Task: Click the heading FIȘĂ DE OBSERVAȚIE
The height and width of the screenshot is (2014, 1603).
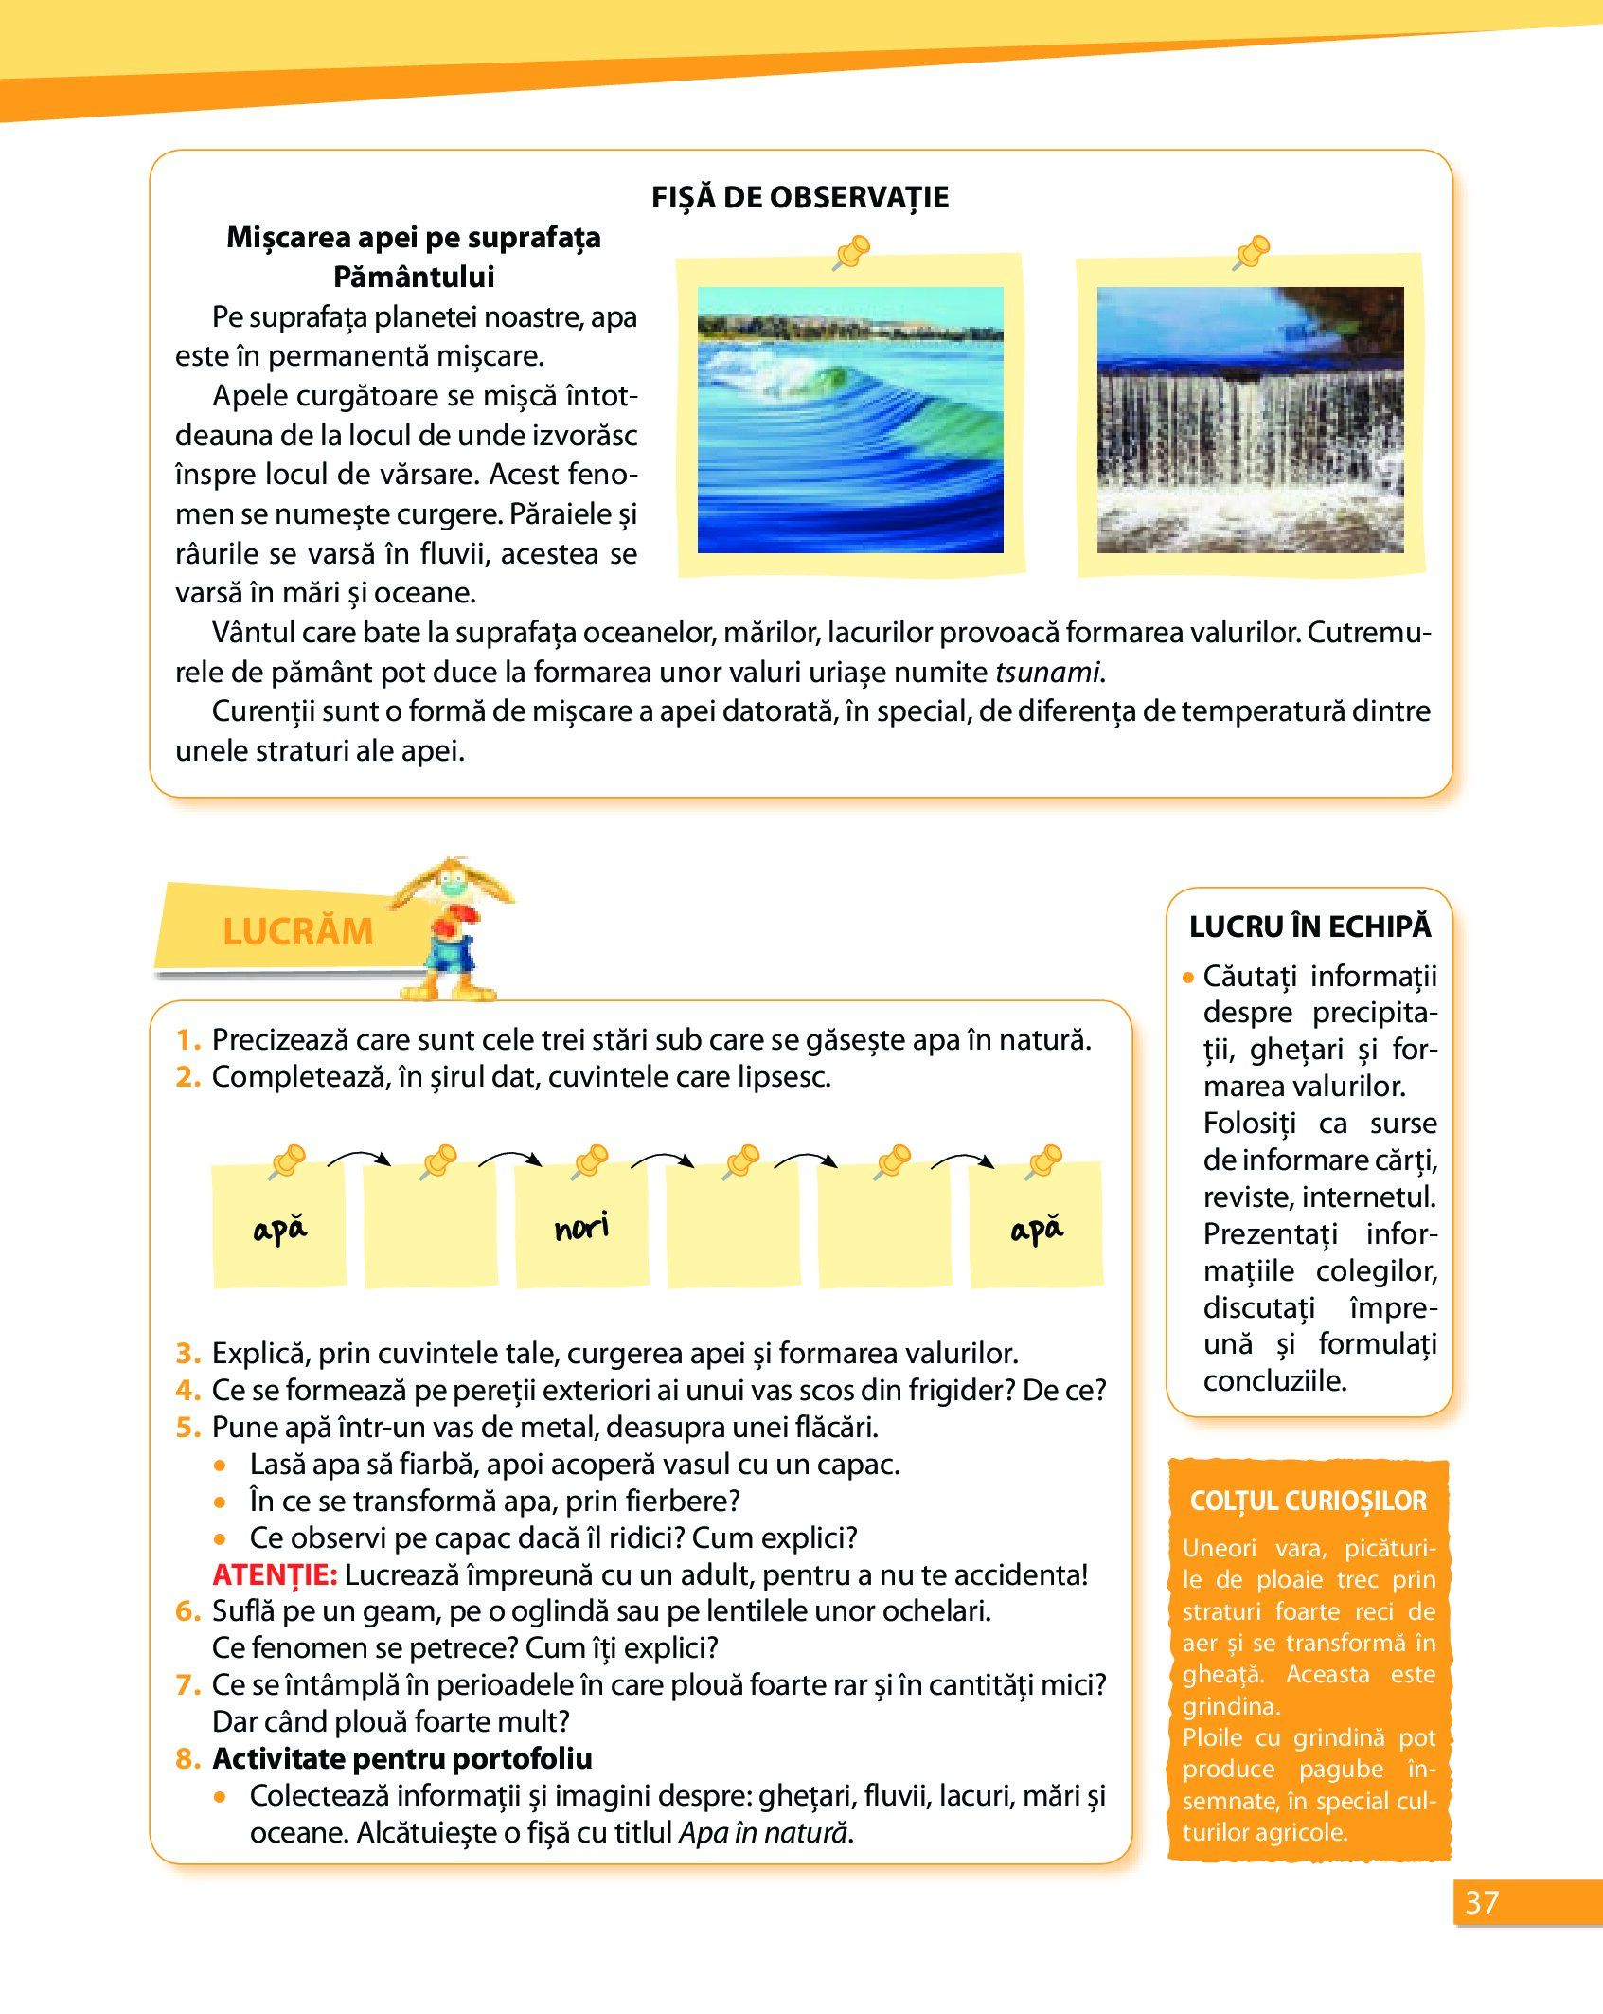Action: tap(800, 197)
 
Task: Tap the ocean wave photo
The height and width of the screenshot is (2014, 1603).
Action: tap(850, 420)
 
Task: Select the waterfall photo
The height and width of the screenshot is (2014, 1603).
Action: tap(1250, 420)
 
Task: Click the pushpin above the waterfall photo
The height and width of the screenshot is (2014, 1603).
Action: tap(1253, 251)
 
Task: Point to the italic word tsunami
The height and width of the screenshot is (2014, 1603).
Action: tap(1047, 672)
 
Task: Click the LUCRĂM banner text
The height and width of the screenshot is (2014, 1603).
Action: tap(297, 931)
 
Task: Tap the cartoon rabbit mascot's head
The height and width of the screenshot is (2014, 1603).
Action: tap(453, 886)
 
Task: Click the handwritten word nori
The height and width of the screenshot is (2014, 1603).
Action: tap(581, 1228)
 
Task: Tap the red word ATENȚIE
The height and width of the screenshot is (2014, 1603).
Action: tap(275, 1574)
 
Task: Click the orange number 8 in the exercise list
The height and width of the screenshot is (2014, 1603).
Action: tap(187, 1758)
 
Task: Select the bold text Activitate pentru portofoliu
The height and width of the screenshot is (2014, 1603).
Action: tap(402, 1758)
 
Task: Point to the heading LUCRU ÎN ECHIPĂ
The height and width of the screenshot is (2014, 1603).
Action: tap(1309, 926)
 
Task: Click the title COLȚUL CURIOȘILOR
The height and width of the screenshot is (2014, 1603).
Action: tap(1309, 1501)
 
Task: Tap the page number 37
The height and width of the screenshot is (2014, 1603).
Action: tap(1482, 1902)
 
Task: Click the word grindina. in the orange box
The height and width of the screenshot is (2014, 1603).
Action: tap(1231, 1706)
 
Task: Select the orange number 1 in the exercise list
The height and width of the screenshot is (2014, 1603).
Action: tap(187, 1040)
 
